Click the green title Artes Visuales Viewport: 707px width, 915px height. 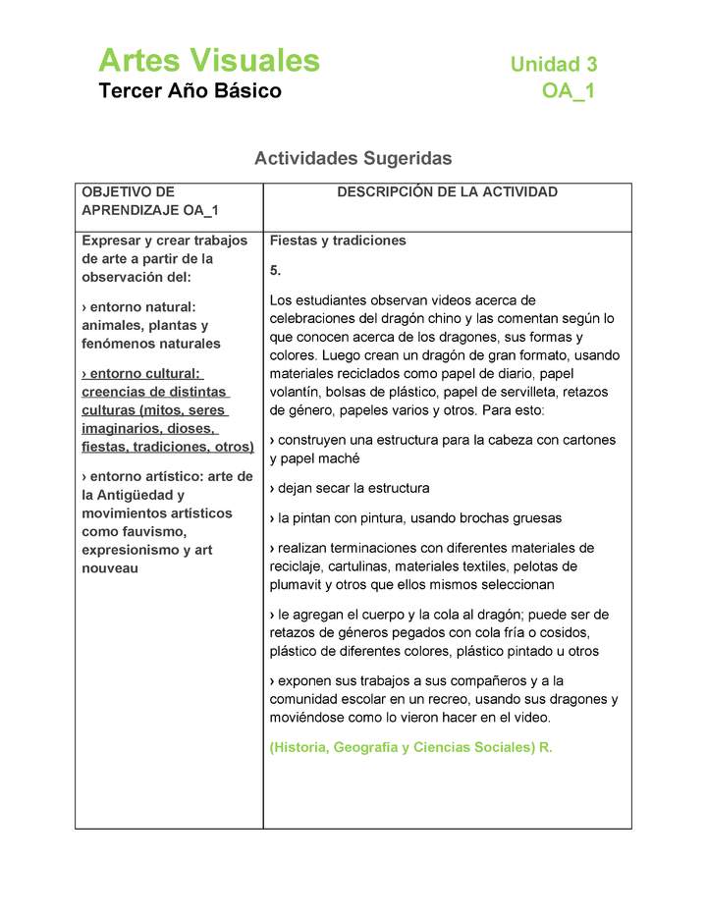[x=209, y=61]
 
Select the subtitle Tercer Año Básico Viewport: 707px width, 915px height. [x=190, y=91]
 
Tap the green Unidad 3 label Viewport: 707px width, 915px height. [x=553, y=65]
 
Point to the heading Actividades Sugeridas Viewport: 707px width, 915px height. [x=353, y=157]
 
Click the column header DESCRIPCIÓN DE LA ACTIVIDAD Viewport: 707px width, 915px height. [x=447, y=192]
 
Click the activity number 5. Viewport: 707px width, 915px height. [x=275, y=270]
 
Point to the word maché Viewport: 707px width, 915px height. [x=340, y=458]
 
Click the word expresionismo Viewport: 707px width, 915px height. [x=133, y=550]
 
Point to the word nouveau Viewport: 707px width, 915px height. [x=110, y=568]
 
